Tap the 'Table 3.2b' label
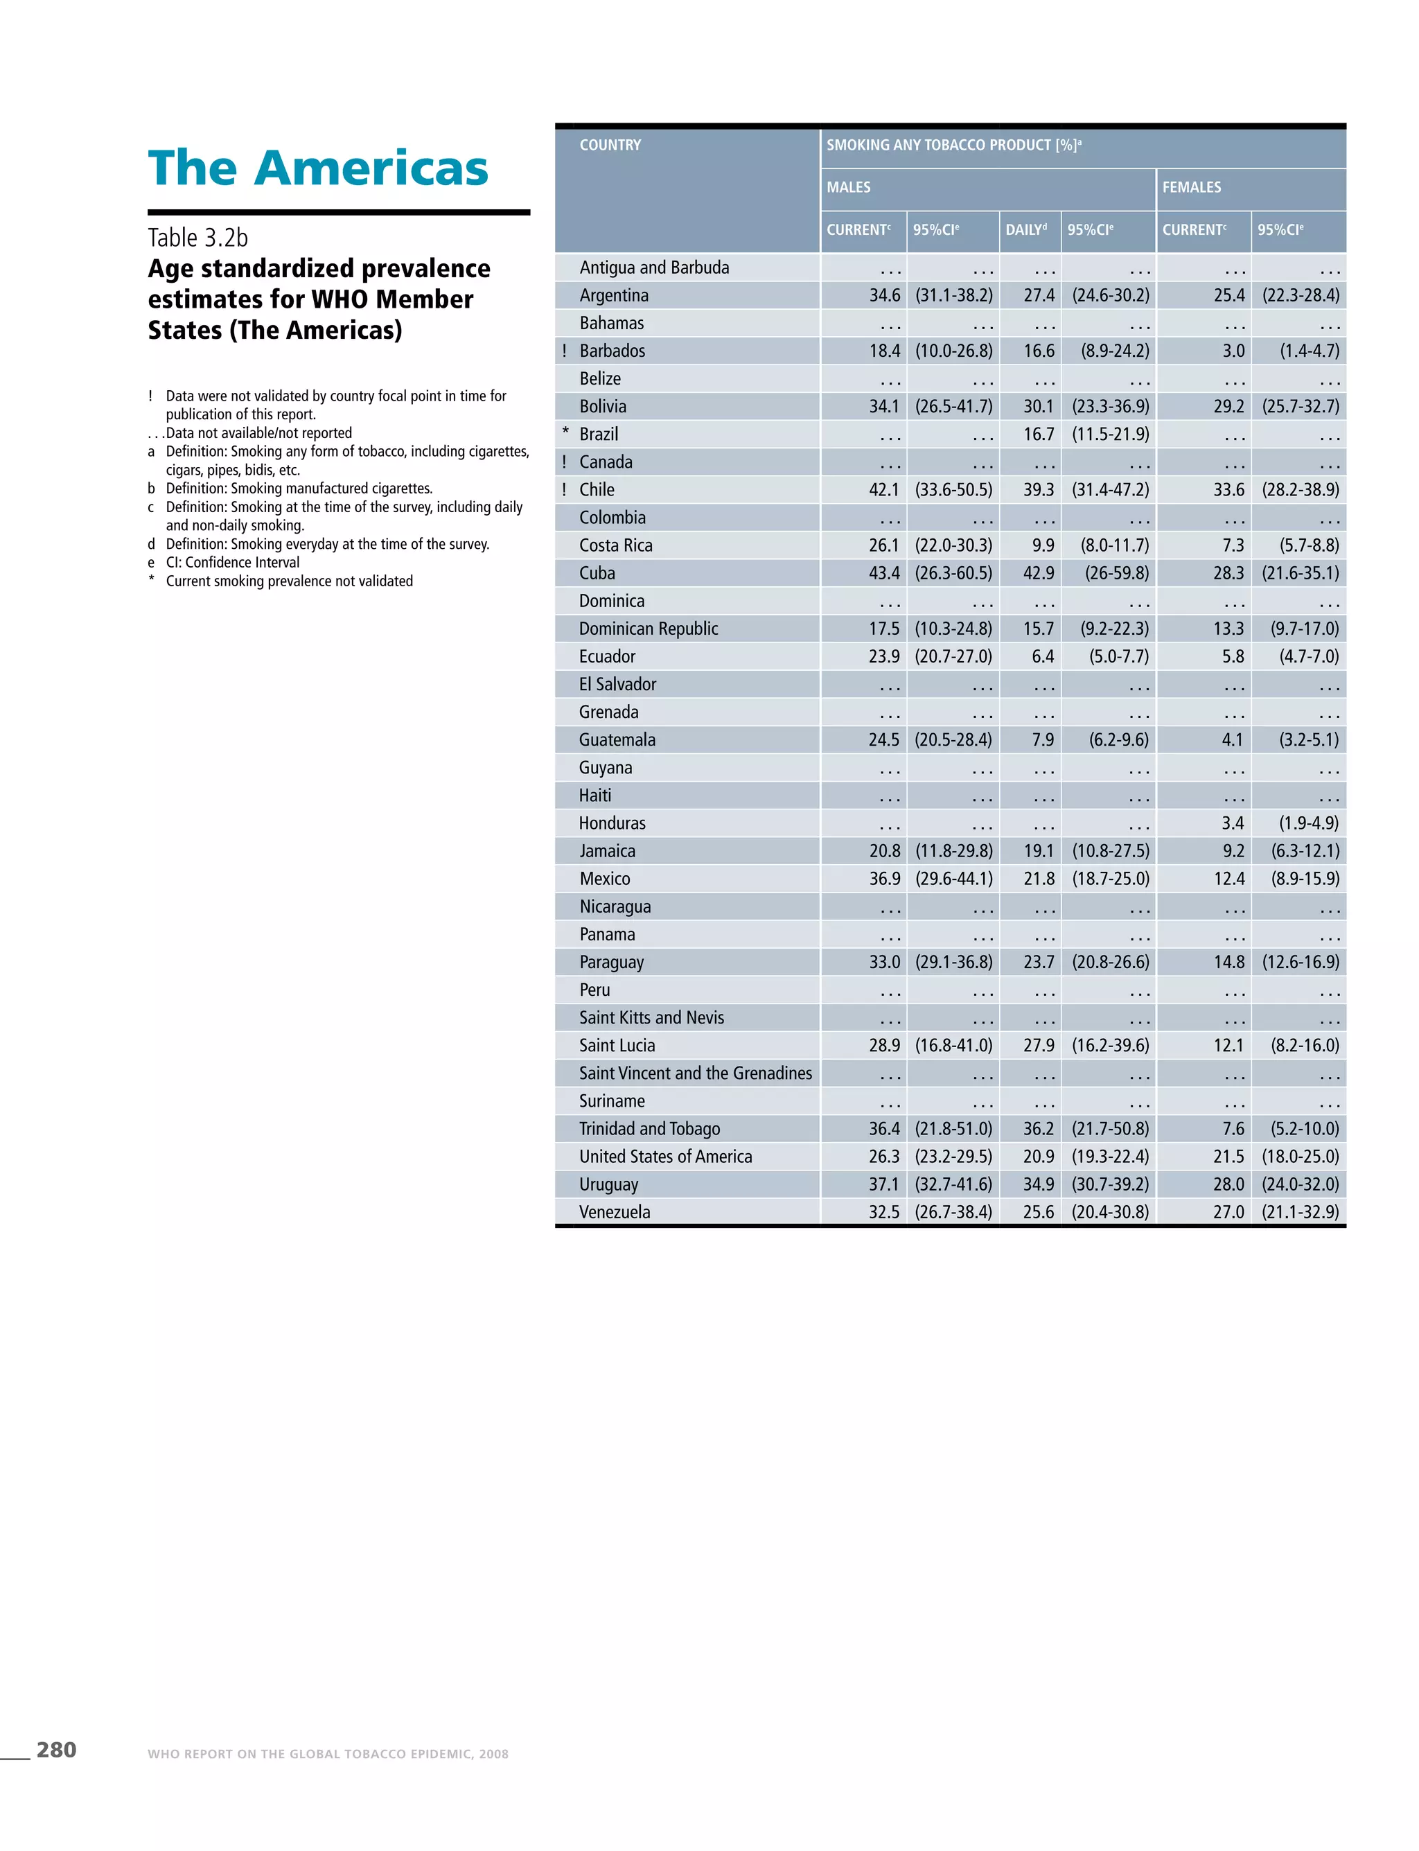coord(197,238)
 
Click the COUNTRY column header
coord(610,146)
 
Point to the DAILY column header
coord(1026,230)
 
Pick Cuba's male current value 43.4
coord(884,574)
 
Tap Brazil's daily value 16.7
coord(1039,435)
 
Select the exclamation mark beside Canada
coord(564,462)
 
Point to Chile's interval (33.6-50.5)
coord(953,490)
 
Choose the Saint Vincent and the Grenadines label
coord(695,1073)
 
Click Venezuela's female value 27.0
coord(1229,1212)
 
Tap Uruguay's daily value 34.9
coord(1039,1184)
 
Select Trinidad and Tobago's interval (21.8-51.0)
coord(953,1130)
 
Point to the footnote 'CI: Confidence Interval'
coord(232,563)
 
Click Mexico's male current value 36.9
coord(884,879)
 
